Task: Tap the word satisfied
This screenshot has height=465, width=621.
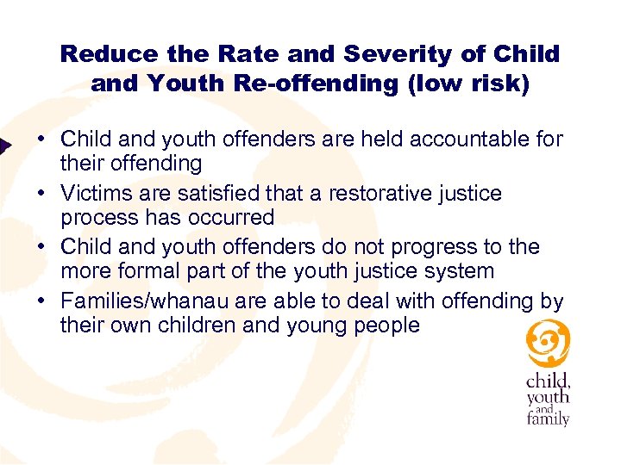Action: [x=200, y=193]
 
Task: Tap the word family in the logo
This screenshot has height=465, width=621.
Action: [x=549, y=418]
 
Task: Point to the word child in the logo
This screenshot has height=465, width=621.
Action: [x=548, y=381]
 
